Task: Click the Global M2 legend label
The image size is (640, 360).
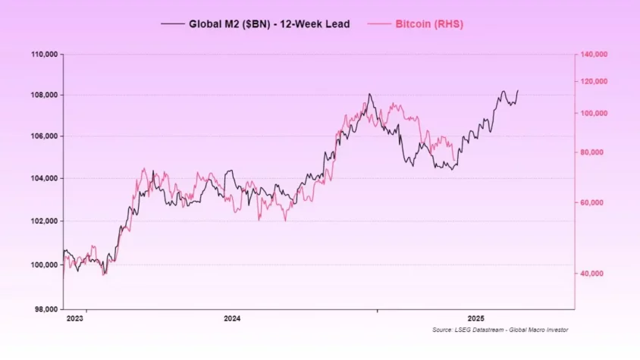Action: tap(269, 24)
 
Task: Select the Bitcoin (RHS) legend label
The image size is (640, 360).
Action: tap(429, 24)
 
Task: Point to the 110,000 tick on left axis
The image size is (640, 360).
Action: tap(44, 55)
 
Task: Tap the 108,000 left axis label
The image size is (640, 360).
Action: tap(44, 95)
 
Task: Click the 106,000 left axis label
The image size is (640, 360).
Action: tap(44, 136)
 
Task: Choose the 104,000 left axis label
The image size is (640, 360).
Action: tap(44, 179)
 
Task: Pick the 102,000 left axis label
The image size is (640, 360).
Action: tap(44, 221)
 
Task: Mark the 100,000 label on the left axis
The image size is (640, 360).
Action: tap(44, 265)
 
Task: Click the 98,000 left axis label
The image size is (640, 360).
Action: tap(45, 309)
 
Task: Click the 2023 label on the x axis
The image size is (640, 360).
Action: tap(74, 319)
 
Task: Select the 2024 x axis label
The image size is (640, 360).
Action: tap(233, 319)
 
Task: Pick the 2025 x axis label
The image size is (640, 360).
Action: tap(475, 319)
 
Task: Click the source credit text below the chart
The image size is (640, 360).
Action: tap(500, 330)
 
